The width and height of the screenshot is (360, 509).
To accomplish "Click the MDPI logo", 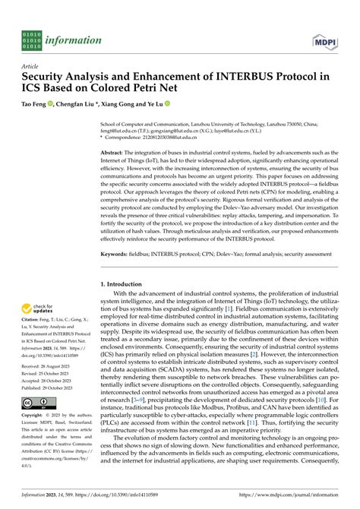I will pos(326,40).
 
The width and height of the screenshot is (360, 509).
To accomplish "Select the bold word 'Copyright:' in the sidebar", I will pos(36,416).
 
